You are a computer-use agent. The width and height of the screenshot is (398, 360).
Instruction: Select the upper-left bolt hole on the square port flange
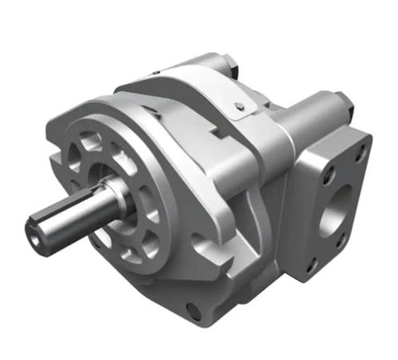[x=328, y=175]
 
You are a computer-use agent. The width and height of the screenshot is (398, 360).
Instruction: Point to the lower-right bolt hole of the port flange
[x=340, y=241]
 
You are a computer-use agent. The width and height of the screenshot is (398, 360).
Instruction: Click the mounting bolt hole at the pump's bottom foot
[x=193, y=311]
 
